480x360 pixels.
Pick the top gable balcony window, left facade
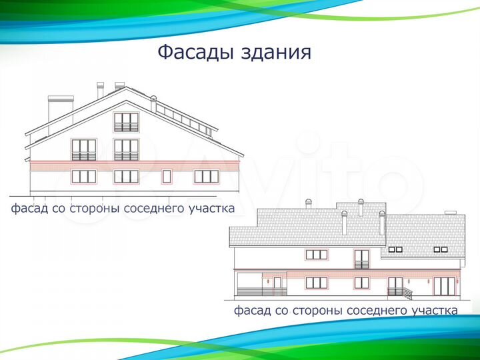pos(126,122)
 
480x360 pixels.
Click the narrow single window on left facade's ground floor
pos(167,177)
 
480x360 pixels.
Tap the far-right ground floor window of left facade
pos(206,176)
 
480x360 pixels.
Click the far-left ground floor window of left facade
pos(84,176)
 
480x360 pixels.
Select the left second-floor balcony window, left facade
pos(84,150)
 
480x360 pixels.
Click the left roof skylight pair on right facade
pos(395,249)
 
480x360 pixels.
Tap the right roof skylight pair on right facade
pos(441,249)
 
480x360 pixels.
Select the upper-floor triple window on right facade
pos(316,255)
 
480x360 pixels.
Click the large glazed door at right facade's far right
pos(443,286)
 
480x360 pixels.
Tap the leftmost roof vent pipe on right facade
pos(307,203)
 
